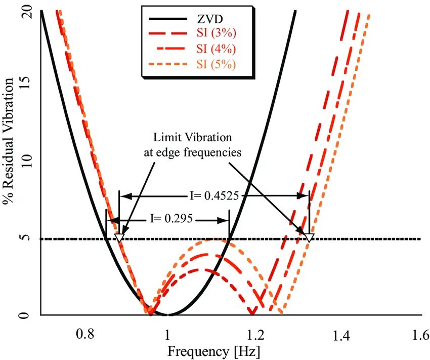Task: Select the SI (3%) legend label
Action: click(x=216, y=34)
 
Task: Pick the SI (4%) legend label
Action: click(x=216, y=49)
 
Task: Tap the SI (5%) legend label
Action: click(x=216, y=64)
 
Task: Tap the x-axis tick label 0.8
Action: click(x=84, y=335)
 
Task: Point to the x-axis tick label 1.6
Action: click(x=420, y=335)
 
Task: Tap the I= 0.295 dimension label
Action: click(x=170, y=219)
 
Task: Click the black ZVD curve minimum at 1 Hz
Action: click(x=168, y=314)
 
